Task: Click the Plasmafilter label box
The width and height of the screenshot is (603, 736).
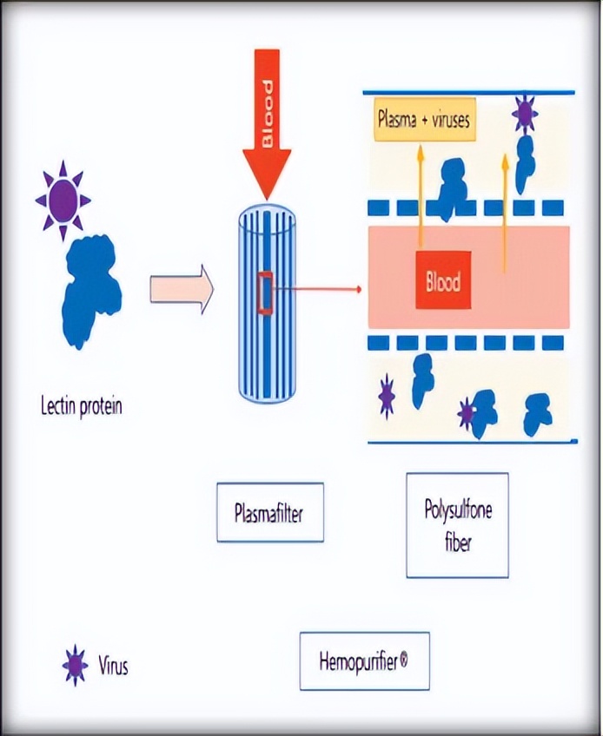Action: click(269, 512)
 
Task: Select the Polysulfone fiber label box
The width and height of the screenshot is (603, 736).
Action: click(457, 525)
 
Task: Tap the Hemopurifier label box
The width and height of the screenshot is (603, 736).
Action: click(364, 660)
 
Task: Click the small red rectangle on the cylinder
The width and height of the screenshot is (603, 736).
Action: click(266, 291)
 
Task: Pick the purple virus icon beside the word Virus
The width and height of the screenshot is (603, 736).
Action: click(76, 666)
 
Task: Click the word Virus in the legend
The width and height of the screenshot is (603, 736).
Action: click(114, 667)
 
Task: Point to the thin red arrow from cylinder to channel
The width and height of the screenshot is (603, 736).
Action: click(318, 288)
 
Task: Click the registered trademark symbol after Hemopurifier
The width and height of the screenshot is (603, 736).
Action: click(404, 660)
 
